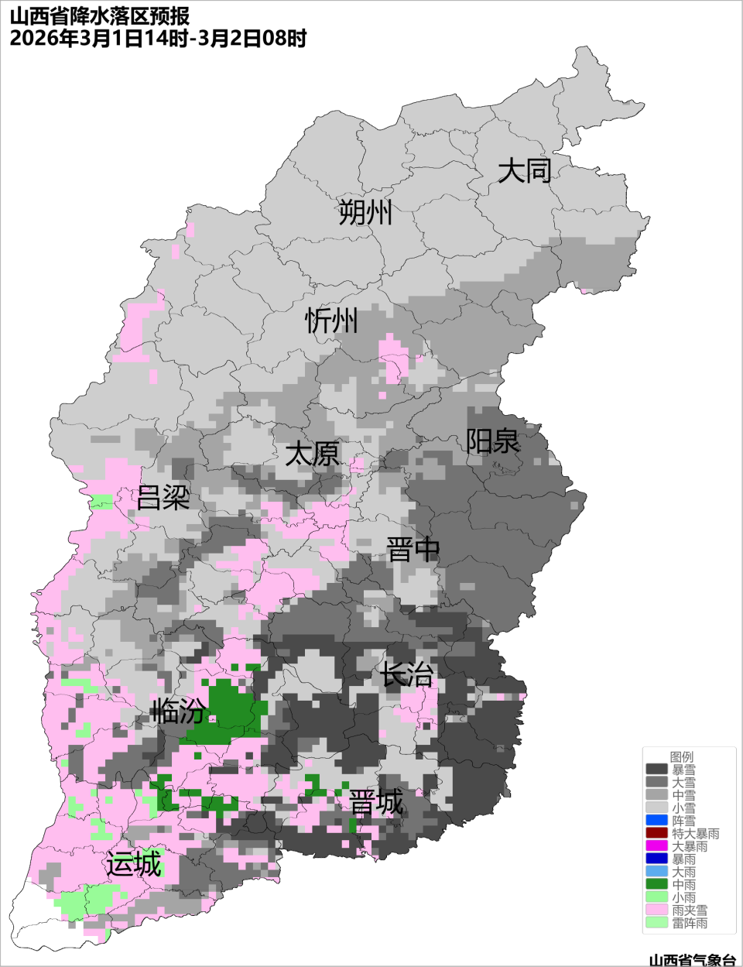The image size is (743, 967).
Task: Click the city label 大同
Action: [x=524, y=170]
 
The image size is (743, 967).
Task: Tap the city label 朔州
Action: [x=365, y=211]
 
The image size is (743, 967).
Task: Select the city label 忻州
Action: [x=331, y=320]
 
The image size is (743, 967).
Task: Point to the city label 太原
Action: [x=312, y=454]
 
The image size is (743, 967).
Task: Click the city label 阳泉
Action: [x=492, y=441]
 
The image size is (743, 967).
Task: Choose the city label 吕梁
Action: [x=163, y=498]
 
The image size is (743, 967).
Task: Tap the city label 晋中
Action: [x=413, y=550]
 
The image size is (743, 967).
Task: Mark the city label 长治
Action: [x=406, y=674]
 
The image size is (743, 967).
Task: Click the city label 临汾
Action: [x=179, y=710]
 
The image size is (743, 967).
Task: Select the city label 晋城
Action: [x=376, y=803]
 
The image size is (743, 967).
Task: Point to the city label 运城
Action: [x=134, y=864]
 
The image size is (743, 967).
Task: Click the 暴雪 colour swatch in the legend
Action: [x=656, y=770]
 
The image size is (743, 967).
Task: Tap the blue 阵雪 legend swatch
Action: [x=656, y=821]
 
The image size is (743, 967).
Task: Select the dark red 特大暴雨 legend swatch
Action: [x=656, y=833]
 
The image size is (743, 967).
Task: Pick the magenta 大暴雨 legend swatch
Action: [x=656, y=846]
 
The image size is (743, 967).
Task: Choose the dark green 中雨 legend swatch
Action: [x=656, y=884]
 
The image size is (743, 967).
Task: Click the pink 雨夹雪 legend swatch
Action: [x=656, y=910]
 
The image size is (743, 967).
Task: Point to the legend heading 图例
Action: [x=682, y=756]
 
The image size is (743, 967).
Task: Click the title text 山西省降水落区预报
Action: [x=100, y=16]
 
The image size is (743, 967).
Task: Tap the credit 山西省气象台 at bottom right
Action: [x=691, y=960]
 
